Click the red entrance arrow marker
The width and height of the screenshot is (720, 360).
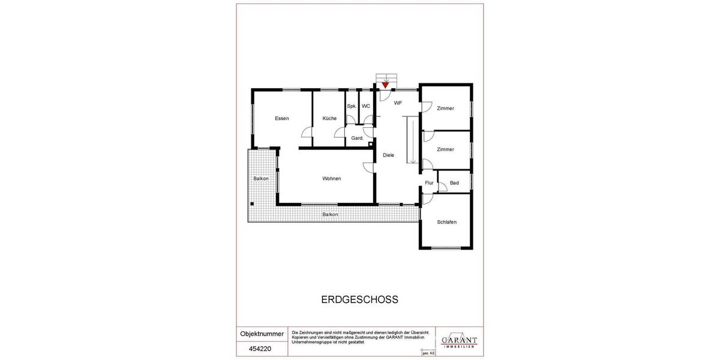[x=385, y=85]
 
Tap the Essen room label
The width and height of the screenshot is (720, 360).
[x=282, y=118]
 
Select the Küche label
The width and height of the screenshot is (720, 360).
[x=329, y=118]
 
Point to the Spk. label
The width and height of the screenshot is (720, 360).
[x=352, y=106]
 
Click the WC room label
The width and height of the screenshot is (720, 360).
[x=366, y=106]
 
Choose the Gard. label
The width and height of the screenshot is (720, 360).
[x=358, y=139]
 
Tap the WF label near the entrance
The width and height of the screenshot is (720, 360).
[x=398, y=103]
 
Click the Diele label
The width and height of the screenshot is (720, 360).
[x=389, y=155]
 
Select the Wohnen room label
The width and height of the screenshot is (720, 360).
[x=332, y=178]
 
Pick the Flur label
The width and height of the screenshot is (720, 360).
[x=429, y=182]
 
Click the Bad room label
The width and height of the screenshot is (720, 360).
[x=454, y=182]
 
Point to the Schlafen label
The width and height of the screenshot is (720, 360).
[x=447, y=222]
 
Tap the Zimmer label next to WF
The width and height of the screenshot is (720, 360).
[x=445, y=109]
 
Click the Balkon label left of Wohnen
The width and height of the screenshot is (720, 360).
[x=260, y=178]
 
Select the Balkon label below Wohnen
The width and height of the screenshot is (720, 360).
[x=330, y=214]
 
